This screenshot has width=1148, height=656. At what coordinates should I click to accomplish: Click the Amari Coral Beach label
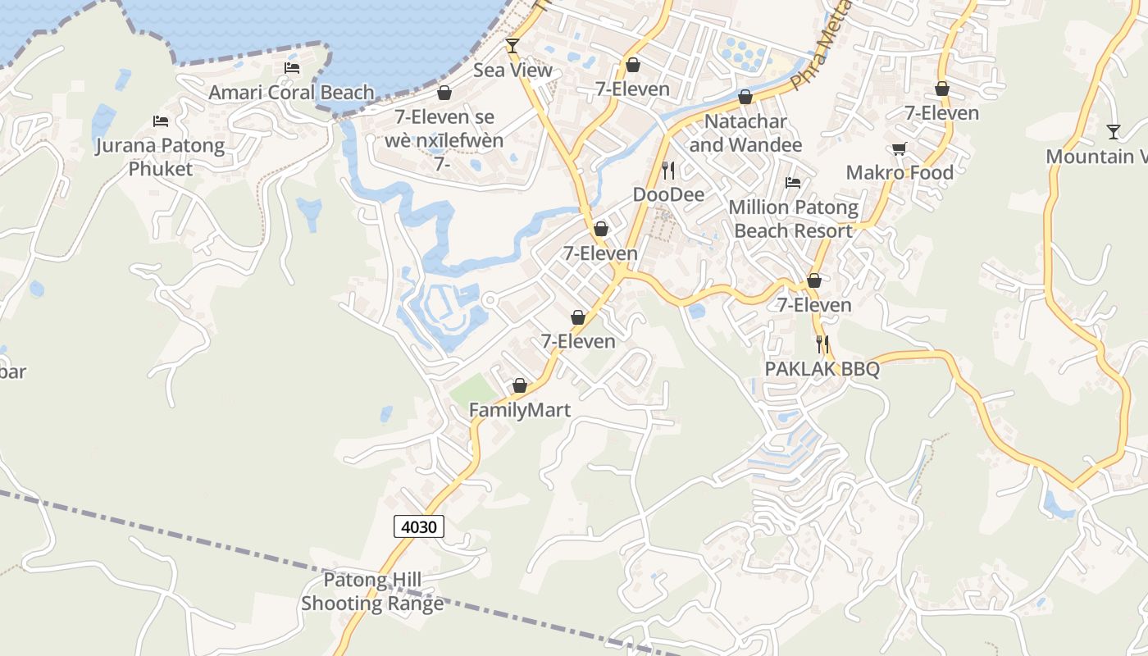291,92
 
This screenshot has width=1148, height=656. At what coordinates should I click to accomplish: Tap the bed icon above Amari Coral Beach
291,67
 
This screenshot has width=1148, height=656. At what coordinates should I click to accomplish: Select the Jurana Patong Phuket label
160,157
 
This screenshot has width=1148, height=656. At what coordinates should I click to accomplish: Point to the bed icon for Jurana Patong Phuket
161,121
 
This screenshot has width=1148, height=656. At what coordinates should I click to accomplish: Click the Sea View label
512,71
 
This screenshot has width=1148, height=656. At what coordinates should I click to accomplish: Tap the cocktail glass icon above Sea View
512,45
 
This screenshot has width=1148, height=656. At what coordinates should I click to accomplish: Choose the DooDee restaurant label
668,195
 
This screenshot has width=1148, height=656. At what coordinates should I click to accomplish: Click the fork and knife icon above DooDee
668,171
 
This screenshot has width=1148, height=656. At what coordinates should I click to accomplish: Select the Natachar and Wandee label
745,133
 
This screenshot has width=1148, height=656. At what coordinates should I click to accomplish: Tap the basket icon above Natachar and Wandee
745,98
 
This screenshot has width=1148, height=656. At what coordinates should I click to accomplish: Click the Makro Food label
900,173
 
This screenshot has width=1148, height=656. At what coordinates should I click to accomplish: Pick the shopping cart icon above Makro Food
900,148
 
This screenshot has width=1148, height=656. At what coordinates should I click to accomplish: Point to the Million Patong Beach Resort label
793,219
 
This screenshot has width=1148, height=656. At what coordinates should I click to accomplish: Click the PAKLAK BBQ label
822,369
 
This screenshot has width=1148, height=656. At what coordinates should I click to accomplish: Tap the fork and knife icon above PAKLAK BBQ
822,344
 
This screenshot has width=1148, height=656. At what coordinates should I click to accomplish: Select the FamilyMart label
519,410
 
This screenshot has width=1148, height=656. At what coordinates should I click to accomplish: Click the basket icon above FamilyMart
519,385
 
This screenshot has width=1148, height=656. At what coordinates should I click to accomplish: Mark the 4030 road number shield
418,526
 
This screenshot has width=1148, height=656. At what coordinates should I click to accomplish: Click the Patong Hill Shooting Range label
371,592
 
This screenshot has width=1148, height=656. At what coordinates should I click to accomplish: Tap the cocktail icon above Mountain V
1113,131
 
